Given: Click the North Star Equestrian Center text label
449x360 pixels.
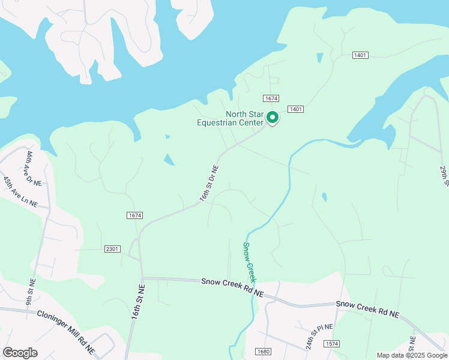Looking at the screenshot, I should [231, 119].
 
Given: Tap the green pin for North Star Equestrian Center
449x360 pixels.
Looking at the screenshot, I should [272, 118].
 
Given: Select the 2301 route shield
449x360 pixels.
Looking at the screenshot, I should [112, 248].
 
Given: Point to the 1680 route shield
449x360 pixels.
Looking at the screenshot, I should [263, 352].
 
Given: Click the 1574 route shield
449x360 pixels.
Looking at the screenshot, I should [331, 344].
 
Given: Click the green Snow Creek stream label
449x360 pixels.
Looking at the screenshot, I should [250, 262].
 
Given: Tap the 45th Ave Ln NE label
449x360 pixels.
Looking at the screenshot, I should [20, 192].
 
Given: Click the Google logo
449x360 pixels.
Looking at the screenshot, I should [20, 352].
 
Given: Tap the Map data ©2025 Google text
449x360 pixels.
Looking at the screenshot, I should [411, 355].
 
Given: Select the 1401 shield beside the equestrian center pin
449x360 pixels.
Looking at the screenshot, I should [295, 109].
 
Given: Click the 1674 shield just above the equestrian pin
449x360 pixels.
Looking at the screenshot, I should [271, 98].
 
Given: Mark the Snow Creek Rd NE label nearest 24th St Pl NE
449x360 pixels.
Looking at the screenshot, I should [367, 308].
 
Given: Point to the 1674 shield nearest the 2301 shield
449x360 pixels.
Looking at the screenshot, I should [134, 215].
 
